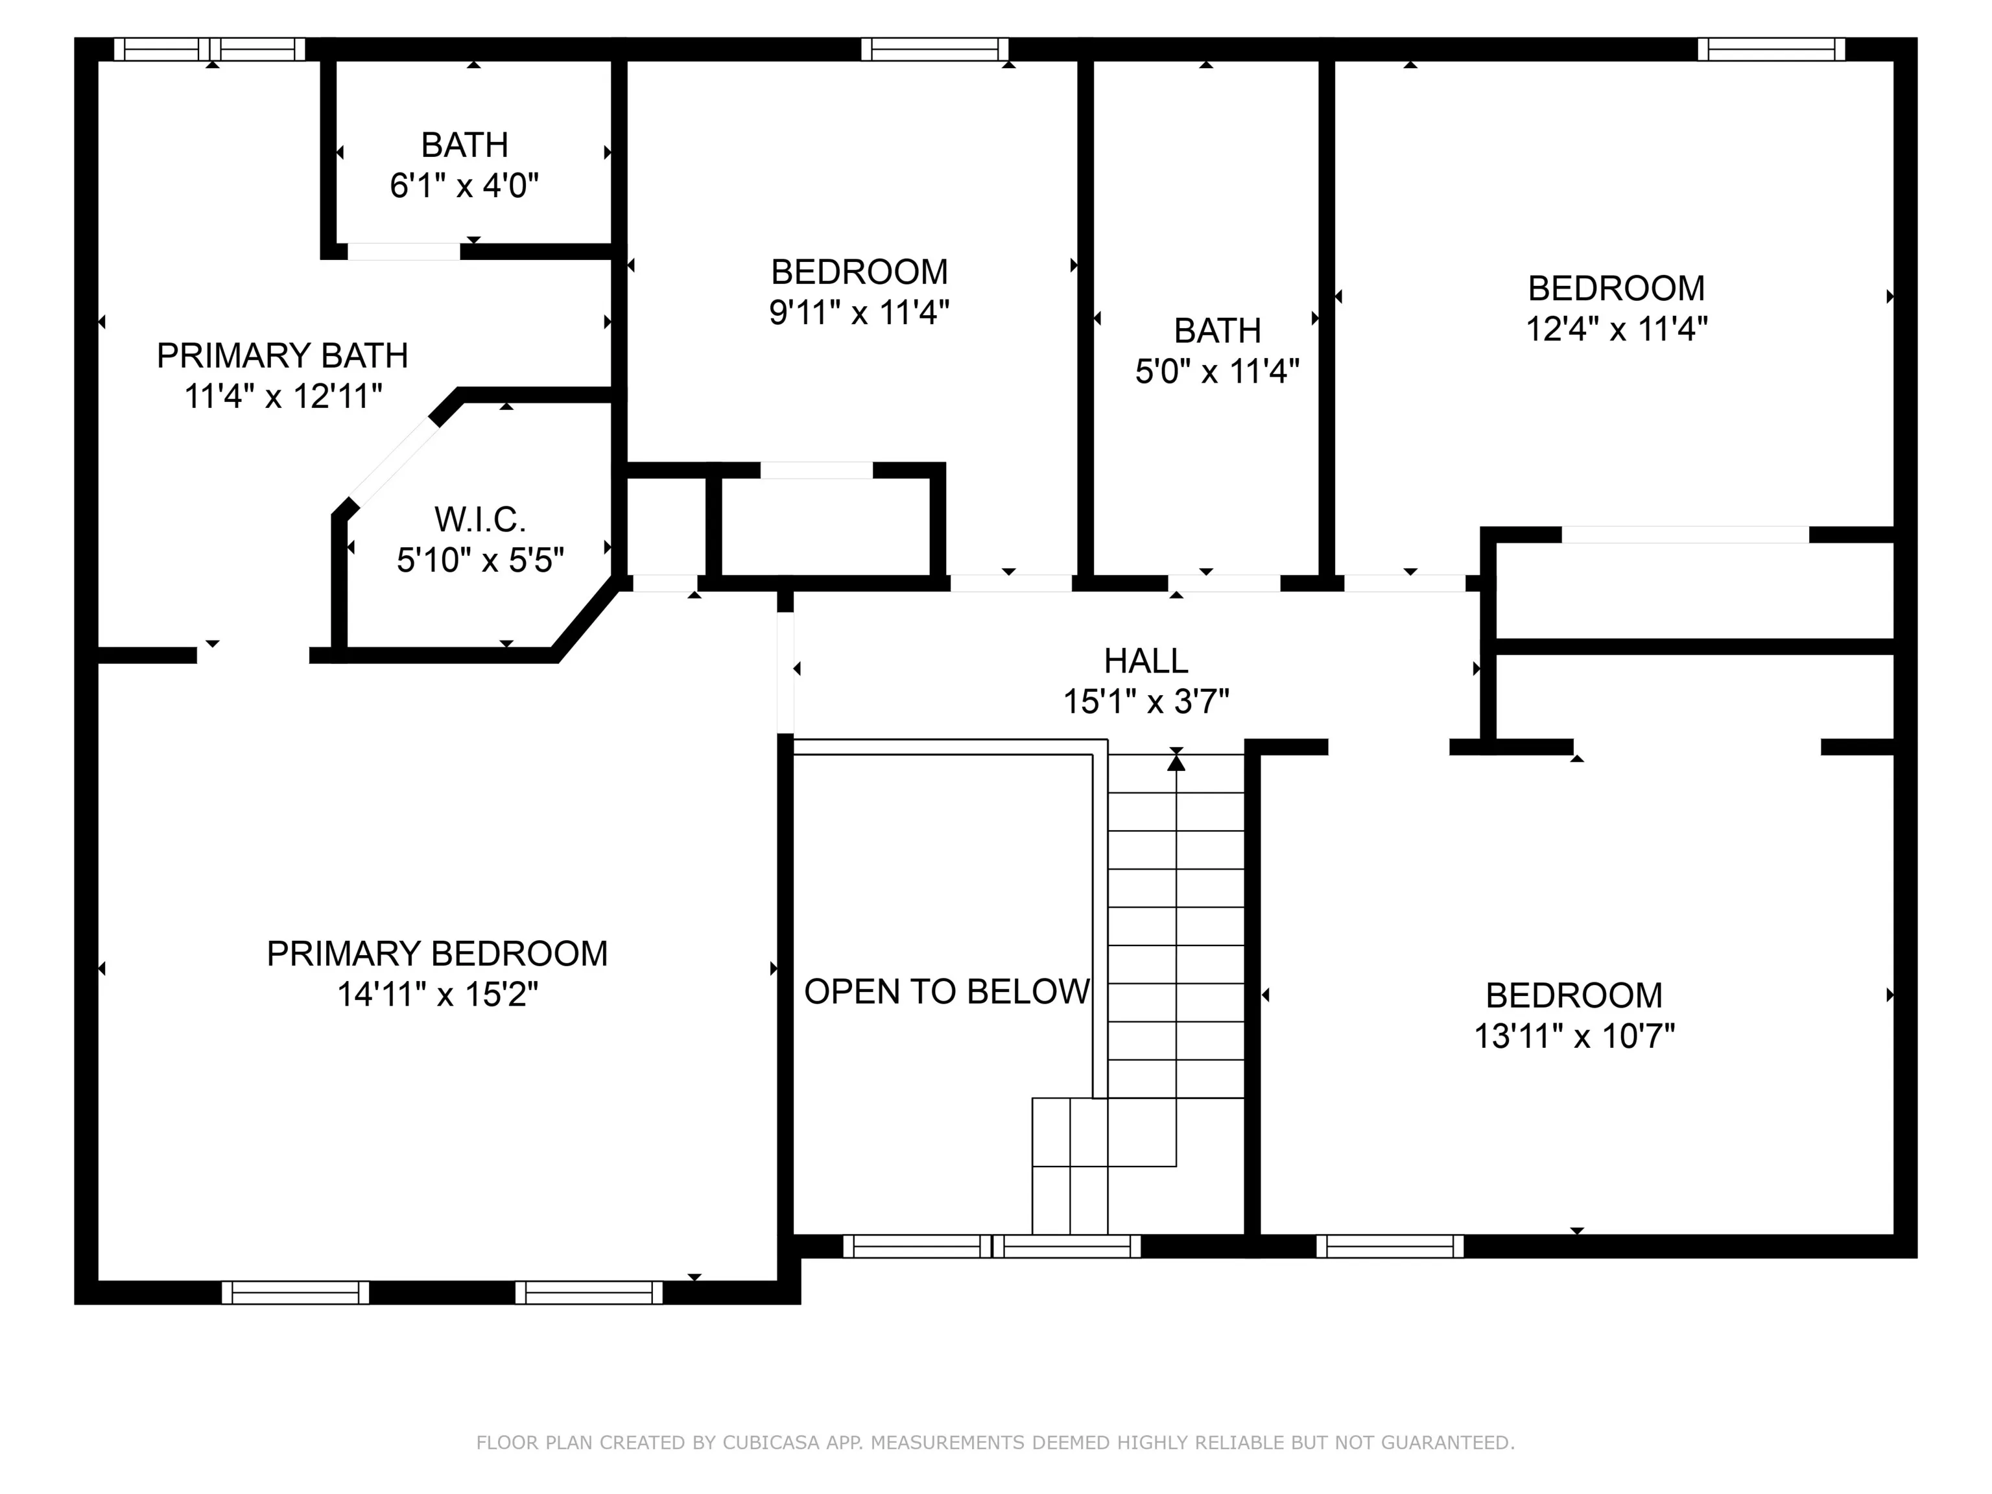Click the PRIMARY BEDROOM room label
pyautogui.click(x=437, y=954)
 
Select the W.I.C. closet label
pyautogui.click(x=480, y=519)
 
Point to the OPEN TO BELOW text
pyautogui.click(x=947, y=991)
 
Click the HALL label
pyautogui.click(x=1146, y=661)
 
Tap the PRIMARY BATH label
pyautogui.click(x=283, y=356)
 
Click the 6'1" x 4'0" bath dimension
pyautogui.click(x=465, y=185)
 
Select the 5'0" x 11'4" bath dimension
pyautogui.click(x=1218, y=371)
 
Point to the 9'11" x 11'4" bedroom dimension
pyautogui.click(x=859, y=313)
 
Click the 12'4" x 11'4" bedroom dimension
pyautogui.click(x=1617, y=329)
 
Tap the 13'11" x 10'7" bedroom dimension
pyautogui.click(x=1574, y=1036)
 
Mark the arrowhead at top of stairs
pyautogui.click(x=1176, y=763)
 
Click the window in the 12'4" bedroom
pyautogui.click(x=1772, y=49)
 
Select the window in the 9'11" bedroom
pyautogui.click(x=935, y=49)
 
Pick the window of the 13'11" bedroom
pyautogui.click(x=1390, y=1246)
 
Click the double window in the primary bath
pyautogui.click(x=211, y=49)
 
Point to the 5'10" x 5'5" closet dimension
pyautogui.click(x=480, y=560)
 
